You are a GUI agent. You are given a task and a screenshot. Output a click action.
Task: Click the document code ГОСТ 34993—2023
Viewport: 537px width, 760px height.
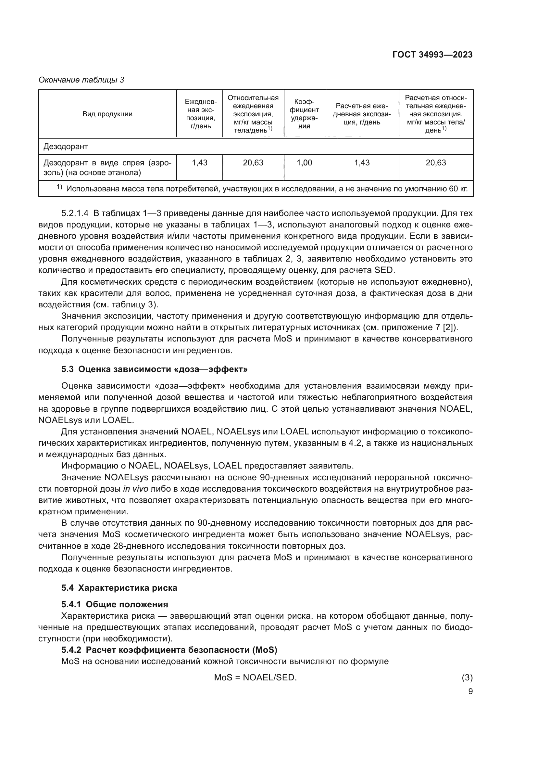tap(432, 55)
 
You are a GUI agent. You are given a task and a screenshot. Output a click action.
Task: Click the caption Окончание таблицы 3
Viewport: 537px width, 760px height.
tap(81, 80)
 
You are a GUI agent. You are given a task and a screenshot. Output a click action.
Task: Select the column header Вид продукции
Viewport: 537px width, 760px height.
tap(107, 114)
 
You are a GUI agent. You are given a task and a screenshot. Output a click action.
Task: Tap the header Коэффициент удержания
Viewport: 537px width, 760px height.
tap(304, 114)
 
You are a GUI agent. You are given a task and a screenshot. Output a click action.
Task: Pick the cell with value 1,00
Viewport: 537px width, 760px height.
tap(304, 162)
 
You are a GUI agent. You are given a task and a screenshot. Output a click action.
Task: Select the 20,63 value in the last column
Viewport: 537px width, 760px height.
tap(435, 162)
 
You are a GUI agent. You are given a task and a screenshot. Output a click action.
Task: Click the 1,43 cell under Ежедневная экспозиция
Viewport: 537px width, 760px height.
tap(199, 162)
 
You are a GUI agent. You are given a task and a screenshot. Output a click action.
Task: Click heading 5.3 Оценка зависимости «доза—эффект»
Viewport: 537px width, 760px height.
tap(155, 369)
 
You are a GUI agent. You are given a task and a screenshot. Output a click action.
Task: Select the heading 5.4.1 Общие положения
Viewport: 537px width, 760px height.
tap(114, 604)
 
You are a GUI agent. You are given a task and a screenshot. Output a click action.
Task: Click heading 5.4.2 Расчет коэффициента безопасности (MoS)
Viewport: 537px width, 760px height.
tap(169, 650)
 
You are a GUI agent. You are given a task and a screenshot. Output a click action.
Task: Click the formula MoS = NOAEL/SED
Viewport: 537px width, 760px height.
tap(255, 677)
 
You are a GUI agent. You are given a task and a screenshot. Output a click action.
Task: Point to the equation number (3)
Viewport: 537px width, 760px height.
tap(467, 677)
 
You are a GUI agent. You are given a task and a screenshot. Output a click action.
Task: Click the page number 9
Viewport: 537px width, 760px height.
tap(470, 691)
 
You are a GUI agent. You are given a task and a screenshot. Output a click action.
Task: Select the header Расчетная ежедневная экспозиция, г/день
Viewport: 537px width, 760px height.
tap(362, 114)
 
